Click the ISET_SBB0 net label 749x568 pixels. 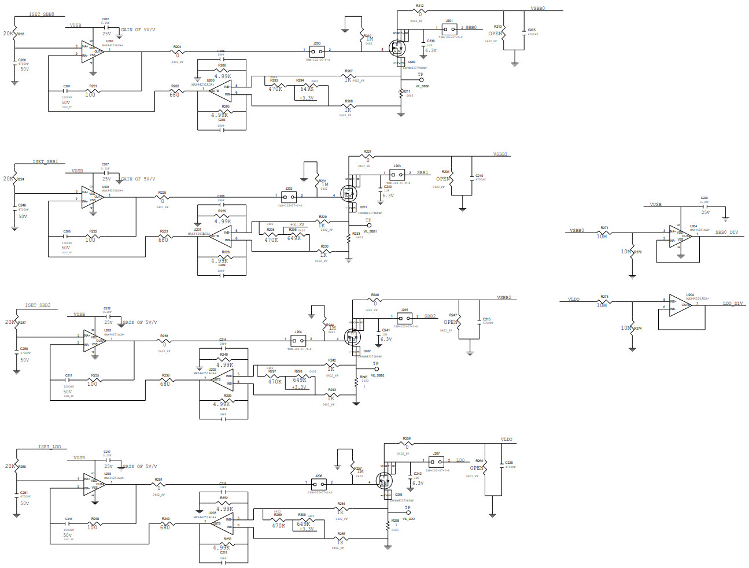pos(42,14)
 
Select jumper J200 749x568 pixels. pos(317,50)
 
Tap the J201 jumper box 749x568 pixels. pos(449,28)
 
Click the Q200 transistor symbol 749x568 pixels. pos(398,47)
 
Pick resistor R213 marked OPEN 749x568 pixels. pos(504,35)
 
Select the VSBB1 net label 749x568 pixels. pos(500,154)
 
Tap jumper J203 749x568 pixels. pos(397,173)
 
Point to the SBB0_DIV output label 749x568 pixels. pos(726,232)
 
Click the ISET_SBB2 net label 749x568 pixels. pos(38,305)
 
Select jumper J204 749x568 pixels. pos(298,339)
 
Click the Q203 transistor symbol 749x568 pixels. pos(383,480)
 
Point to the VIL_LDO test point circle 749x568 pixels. pos(408,513)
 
